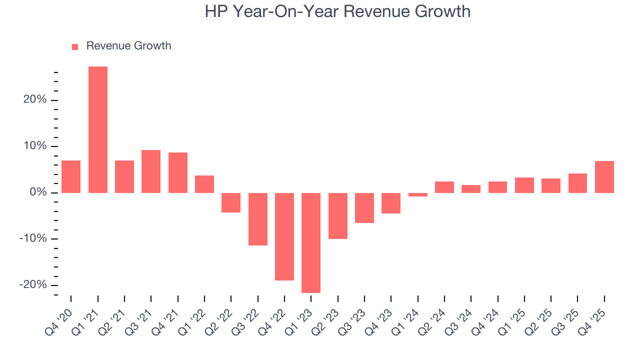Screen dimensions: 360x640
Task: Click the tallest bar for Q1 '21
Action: (x=98, y=129)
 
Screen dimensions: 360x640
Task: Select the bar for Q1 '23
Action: (x=311, y=242)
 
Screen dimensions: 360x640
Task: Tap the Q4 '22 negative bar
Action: (x=284, y=236)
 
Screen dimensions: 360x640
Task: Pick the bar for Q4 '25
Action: (x=604, y=177)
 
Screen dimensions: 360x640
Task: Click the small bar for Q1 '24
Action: (x=417, y=194)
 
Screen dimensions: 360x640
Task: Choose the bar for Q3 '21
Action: (x=151, y=171)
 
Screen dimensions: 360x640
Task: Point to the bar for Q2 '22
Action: (x=231, y=202)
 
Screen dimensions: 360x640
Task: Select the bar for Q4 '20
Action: (x=71, y=176)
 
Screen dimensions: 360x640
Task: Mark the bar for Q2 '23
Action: (x=338, y=215)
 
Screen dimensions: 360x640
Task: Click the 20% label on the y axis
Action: (x=35, y=100)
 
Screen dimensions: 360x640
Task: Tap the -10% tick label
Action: (x=33, y=238)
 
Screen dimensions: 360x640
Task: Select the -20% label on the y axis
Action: (x=33, y=284)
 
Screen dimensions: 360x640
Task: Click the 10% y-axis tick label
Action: (x=35, y=146)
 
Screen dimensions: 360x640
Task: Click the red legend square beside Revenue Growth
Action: (x=75, y=46)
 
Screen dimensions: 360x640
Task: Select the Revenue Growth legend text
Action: (x=128, y=46)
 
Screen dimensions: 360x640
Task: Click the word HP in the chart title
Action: (x=216, y=11)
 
